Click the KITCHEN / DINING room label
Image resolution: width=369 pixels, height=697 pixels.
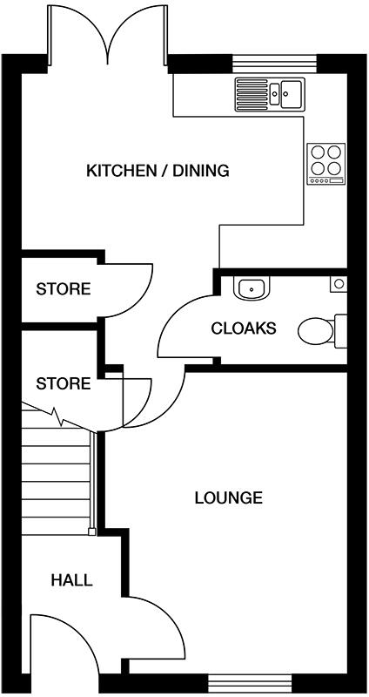[157, 171]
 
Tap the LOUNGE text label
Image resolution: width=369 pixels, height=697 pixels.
[228, 498]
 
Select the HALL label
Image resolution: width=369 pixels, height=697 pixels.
[71, 580]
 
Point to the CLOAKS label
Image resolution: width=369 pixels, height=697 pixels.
[244, 328]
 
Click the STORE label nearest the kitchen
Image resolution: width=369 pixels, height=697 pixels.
[63, 289]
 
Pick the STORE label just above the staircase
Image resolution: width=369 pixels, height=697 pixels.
[63, 383]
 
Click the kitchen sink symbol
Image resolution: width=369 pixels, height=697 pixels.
[270, 91]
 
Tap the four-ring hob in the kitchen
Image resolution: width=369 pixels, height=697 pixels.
[326, 163]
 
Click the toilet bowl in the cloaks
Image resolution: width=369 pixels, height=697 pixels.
[314, 331]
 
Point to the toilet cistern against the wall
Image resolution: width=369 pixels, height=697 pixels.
[340, 331]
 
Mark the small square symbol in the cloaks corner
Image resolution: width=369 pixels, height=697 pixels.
[339, 284]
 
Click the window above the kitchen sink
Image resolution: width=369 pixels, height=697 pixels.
[274, 63]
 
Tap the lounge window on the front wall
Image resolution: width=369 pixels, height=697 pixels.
[249, 682]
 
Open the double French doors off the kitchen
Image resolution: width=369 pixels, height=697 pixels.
[108, 35]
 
